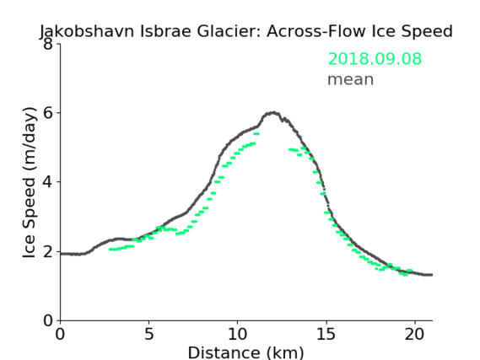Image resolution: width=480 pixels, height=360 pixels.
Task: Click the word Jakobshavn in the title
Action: [87, 31]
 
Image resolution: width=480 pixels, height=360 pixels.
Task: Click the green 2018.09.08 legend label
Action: [375, 58]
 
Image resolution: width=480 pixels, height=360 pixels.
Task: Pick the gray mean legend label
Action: [351, 79]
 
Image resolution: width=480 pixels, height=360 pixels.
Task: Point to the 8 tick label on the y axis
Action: [48, 44]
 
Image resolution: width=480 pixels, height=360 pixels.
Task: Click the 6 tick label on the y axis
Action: [48, 113]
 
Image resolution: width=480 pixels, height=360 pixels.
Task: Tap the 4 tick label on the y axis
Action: [48, 182]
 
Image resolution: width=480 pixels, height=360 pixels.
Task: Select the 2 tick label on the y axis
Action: [48, 251]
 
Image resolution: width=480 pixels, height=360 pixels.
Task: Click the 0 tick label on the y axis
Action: [48, 320]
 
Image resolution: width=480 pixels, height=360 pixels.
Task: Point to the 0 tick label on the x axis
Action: [60, 334]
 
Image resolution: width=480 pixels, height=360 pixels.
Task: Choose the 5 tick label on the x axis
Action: [148, 334]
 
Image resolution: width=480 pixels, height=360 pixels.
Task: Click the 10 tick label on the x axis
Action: [237, 334]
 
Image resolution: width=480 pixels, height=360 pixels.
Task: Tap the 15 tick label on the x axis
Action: [326, 334]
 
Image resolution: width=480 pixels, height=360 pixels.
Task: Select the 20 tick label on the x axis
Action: [415, 334]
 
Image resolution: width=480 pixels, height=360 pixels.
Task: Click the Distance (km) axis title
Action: [245, 352]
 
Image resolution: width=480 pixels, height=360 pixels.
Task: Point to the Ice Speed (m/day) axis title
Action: [30, 183]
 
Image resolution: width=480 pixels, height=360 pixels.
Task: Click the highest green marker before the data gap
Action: [256, 134]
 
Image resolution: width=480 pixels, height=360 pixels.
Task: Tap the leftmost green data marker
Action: [111, 250]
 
